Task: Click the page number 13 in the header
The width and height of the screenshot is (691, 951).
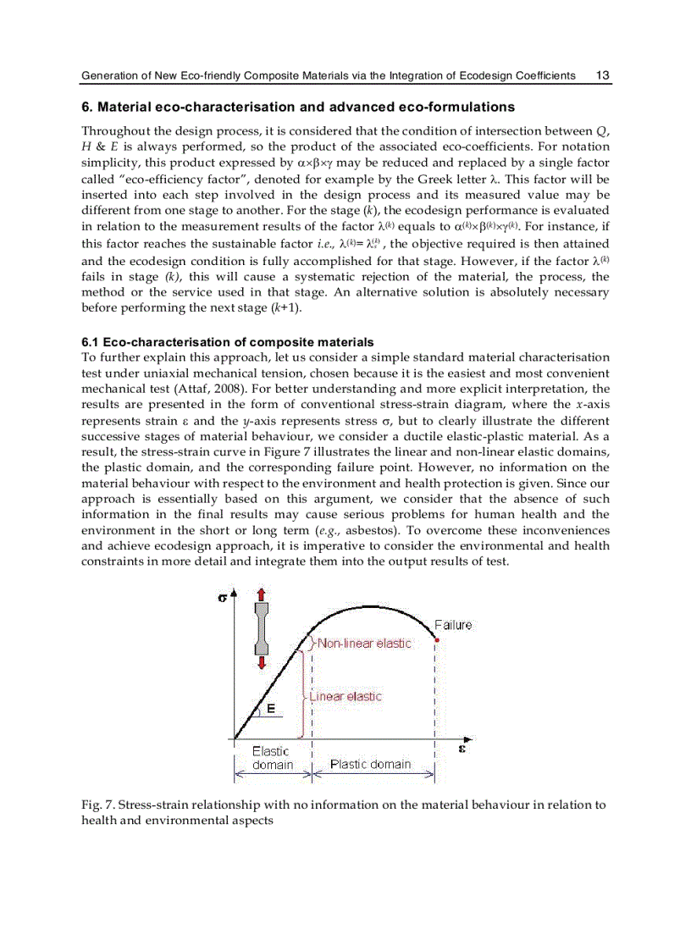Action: tap(602, 75)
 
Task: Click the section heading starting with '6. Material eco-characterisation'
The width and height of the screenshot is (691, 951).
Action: tap(297, 108)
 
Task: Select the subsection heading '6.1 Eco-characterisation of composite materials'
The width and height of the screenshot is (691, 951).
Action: tap(227, 342)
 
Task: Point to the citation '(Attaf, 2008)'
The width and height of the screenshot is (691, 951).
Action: tap(207, 389)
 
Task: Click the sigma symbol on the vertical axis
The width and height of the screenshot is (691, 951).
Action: tap(222, 596)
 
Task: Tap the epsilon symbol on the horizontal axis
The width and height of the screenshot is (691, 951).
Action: tap(462, 749)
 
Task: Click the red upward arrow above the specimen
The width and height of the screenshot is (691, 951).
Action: tap(262, 595)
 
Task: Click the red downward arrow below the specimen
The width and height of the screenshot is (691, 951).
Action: tap(262, 661)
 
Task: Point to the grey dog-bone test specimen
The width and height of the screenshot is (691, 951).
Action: tap(262, 628)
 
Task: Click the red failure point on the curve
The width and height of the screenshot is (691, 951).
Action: tap(435, 640)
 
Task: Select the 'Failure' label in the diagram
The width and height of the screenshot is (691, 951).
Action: tap(453, 625)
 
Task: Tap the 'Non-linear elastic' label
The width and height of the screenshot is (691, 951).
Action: tap(364, 644)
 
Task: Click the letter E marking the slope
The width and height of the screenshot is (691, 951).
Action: tap(270, 710)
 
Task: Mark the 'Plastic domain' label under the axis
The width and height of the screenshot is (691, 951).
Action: tap(370, 764)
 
